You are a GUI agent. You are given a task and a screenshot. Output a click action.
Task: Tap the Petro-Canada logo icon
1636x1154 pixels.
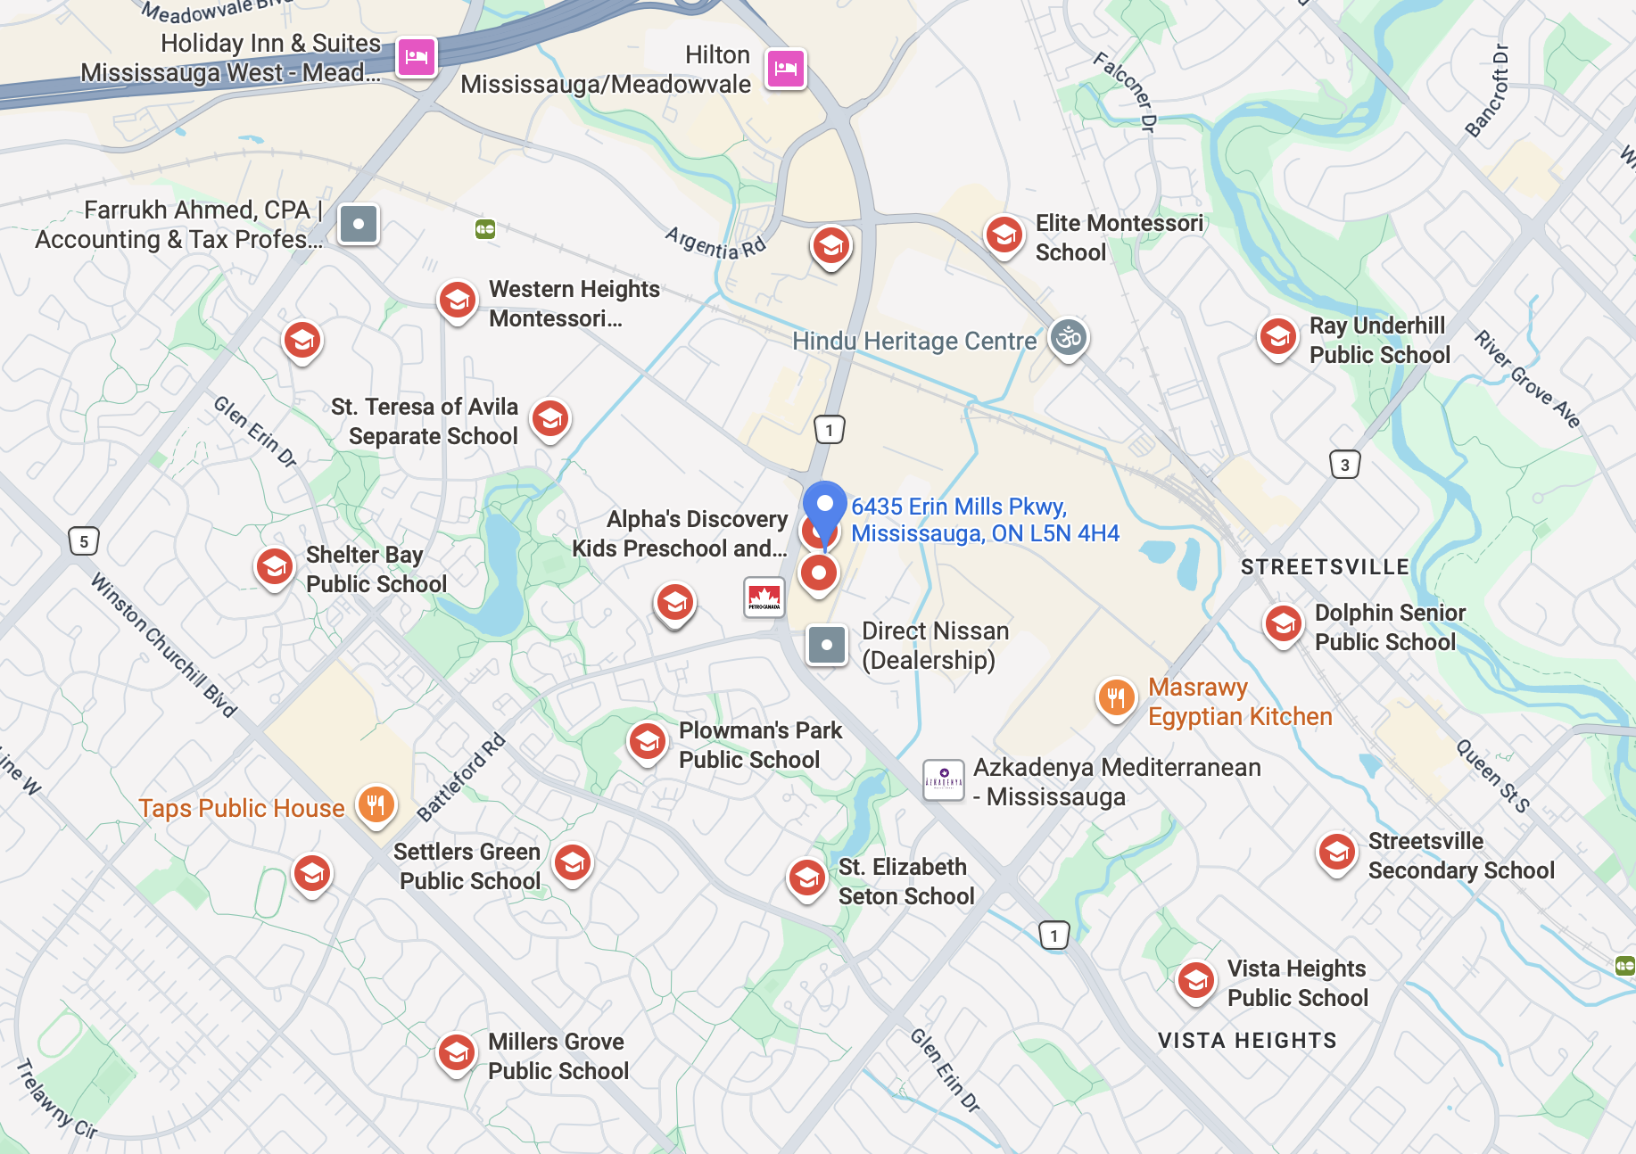[764, 598]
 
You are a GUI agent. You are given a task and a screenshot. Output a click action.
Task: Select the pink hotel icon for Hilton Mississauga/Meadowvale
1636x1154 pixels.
[785, 69]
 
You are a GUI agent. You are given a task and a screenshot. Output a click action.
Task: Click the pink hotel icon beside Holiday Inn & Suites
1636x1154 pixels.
[417, 58]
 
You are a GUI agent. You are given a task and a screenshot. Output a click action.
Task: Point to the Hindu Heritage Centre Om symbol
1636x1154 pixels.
[1068, 338]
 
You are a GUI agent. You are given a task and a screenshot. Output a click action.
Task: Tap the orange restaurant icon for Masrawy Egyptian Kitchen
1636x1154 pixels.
[1116, 697]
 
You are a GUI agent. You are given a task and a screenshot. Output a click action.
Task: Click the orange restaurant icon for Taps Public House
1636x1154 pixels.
[376, 804]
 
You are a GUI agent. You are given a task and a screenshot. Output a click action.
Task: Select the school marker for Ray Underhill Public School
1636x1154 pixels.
[1277, 337]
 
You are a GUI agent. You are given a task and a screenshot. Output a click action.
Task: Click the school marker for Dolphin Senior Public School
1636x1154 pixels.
[1283, 624]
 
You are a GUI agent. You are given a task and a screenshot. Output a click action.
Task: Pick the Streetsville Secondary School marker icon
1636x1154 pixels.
[1336, 853]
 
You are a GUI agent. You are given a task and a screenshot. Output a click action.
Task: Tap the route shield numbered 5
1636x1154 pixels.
[84, 541]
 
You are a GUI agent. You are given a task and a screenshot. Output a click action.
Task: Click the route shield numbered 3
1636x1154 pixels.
[1344, 465]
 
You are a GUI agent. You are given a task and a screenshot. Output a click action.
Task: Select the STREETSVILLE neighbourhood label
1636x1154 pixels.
[1325, 567]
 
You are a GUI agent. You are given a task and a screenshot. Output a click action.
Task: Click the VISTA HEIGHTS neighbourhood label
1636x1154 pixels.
[1246, 1041]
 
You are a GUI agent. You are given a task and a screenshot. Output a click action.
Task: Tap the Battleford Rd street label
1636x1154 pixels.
[461, 777]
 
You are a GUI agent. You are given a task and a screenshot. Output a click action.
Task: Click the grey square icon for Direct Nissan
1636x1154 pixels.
[826, 644]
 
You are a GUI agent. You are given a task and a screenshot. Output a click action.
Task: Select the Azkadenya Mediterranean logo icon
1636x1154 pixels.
[943, 780]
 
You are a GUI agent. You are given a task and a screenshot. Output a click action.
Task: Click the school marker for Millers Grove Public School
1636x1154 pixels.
[456, 1053]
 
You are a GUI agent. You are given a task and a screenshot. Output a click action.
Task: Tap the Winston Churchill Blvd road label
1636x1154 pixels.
[164, 647]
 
